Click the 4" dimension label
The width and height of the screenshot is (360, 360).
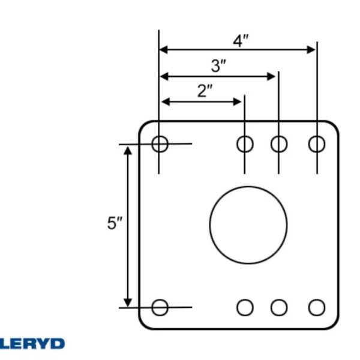(x=241, y=41)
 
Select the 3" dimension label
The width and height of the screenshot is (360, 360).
(x=218, y=66)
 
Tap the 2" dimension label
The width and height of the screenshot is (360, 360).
(x=205, y=91)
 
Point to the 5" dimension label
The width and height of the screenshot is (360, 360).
(x=115, y=223)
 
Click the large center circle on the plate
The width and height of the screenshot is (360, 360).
(x=248, y=225)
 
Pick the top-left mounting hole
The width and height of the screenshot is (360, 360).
(x=160, y=144)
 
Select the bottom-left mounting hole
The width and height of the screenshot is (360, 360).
(x=160, y=307)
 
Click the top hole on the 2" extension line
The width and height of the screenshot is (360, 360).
(x=245, y=144)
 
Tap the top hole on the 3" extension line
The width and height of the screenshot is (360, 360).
(x=279, y=144)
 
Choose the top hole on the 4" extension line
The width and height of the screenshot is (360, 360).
(x=317, y=144)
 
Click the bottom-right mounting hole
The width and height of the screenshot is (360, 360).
(x=317, y=307)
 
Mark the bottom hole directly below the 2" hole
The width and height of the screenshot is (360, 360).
(x=245, y=307)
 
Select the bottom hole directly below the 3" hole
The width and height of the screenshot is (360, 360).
(x=279, y=307)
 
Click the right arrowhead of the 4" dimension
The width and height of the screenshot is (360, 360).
(x=311, y=50)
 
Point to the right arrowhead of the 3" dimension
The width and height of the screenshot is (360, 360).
(x=271, y=76)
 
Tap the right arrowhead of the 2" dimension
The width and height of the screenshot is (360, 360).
(x=237, y=102)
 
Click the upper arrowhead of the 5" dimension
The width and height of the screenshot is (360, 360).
(x=128, y=151)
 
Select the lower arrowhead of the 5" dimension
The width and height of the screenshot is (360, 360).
(x=128, y=302)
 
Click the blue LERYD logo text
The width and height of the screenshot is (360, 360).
(x=32, y=344)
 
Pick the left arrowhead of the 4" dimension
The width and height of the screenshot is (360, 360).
(x=164, y=50)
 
